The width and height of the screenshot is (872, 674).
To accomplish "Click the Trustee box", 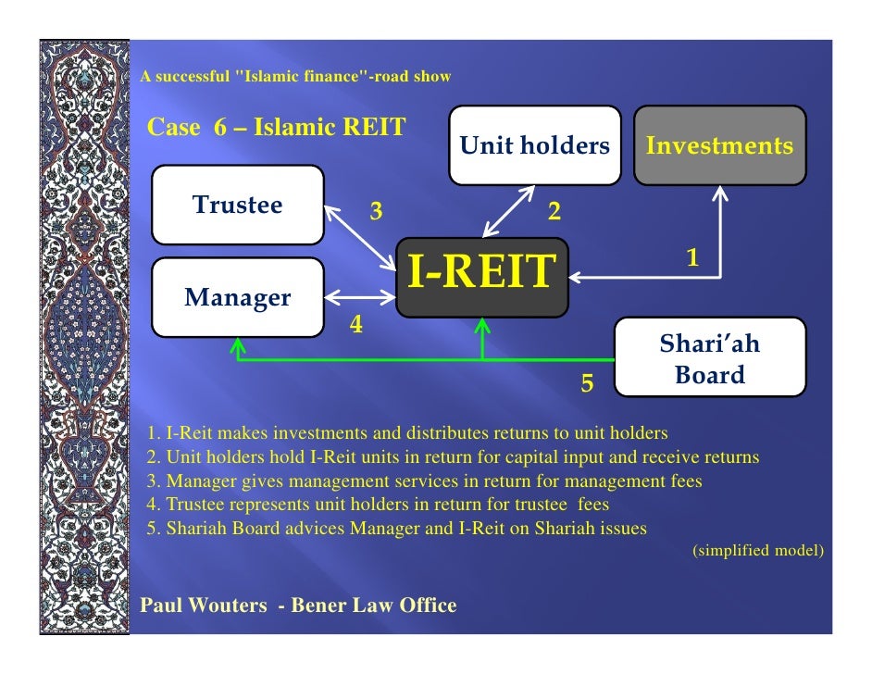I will [x=238, y=205].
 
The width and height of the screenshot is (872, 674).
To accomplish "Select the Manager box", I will [x=238, y=297].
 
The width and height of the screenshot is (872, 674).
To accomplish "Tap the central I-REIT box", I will [x=481, y=275].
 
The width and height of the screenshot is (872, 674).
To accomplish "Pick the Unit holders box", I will [x=535, y=145].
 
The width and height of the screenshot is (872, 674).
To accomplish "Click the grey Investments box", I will [x=719, y=145].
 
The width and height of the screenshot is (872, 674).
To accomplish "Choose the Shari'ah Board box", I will [x=709, y=358].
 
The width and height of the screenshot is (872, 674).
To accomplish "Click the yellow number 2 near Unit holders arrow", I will [x=554, y=212].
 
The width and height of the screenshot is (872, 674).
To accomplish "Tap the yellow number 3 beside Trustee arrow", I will [x=376, y=212].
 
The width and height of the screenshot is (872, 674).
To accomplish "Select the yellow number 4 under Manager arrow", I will [x=355, y=326].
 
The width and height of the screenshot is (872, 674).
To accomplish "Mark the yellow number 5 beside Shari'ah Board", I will [x=586, y=381].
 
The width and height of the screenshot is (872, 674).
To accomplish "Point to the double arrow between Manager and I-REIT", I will [x=359, y=297].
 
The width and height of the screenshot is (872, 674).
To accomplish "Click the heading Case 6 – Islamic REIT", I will [x=276, y=127].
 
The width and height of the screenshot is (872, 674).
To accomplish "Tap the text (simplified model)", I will [x=757, y=550].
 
